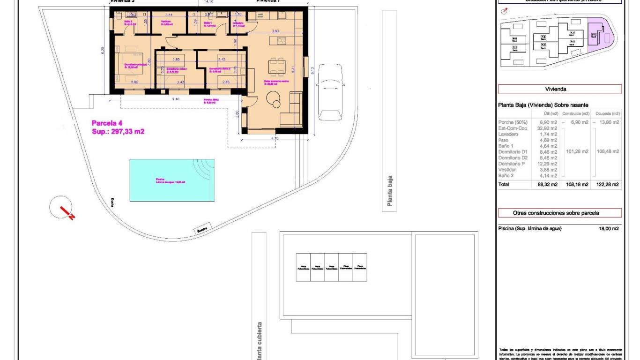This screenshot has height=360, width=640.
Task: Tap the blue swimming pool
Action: pyautogui.click(x=172, y=180)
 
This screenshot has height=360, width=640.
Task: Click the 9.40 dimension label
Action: pyautogui.click(x=176, y=99)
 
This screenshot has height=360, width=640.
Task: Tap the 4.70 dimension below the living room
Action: pyautogui.click(x=275, y=138)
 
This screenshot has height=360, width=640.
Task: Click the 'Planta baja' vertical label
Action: pyautogui.click(x=389, y=191)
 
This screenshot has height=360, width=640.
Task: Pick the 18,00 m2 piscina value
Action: pyautogui.click(x=609, y=229)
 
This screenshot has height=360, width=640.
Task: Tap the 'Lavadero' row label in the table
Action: pyautogui.click(x=509, y=134)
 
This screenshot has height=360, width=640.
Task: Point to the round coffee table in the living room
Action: pyautogui.click(x=273, y=98)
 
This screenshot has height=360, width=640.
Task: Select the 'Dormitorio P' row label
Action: pyautogui.click(x=511, y=164)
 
